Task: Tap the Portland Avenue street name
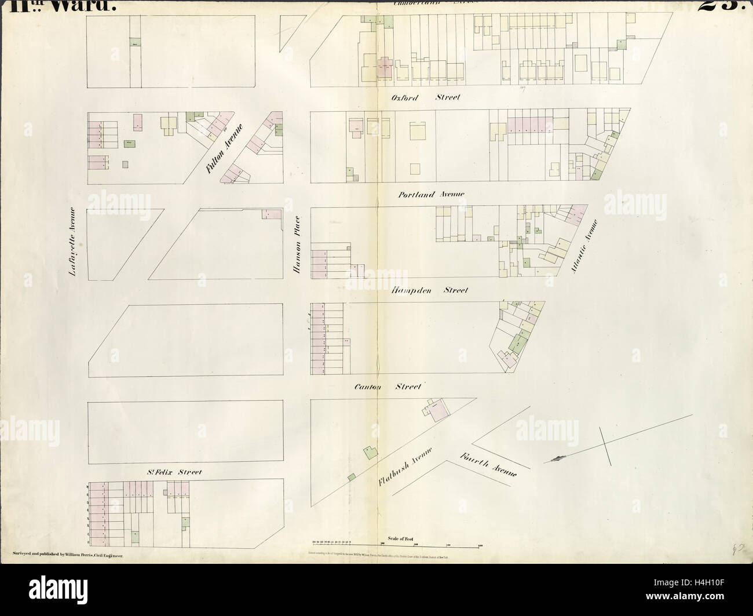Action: pyautogui.click(x=431, y=195)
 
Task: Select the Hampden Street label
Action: pyautogui.click(x=429, y=290)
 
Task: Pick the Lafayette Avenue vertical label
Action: pyautogui.click(x=73, y=242)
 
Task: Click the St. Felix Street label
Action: pyautogui.click(x=173, y=473)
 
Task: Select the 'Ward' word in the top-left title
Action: pyautogui.click(x=93, y=6)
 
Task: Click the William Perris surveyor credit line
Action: pyautogui.click(x=69, y=555)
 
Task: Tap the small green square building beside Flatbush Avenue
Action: pyautogui.click(x=351, y=477)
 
